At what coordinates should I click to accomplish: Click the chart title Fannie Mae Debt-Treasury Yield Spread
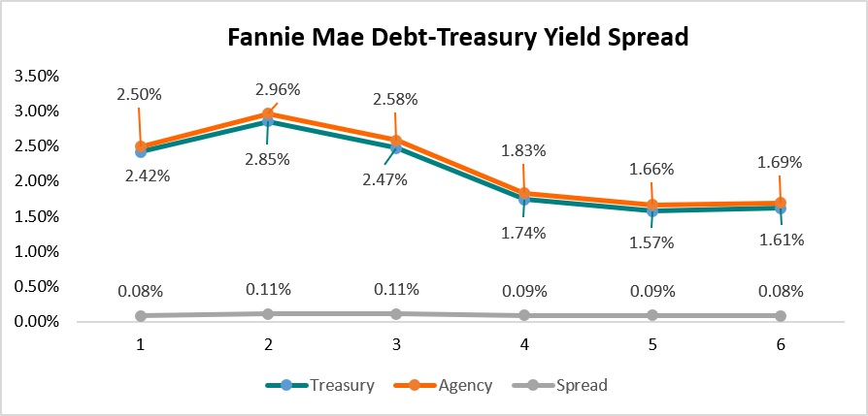[457, 38]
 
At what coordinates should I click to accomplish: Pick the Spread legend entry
[582, 385]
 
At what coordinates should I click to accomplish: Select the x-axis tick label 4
[523, 345]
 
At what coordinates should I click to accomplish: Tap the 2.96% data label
[278, 89]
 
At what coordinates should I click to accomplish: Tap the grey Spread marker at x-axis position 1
[141, 315]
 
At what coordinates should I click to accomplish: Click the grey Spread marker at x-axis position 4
[524, 315]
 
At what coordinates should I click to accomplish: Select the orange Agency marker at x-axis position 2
[268, 114]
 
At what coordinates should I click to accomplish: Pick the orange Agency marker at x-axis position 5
[652, 206]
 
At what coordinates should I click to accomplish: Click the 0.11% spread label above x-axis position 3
[396, 289]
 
